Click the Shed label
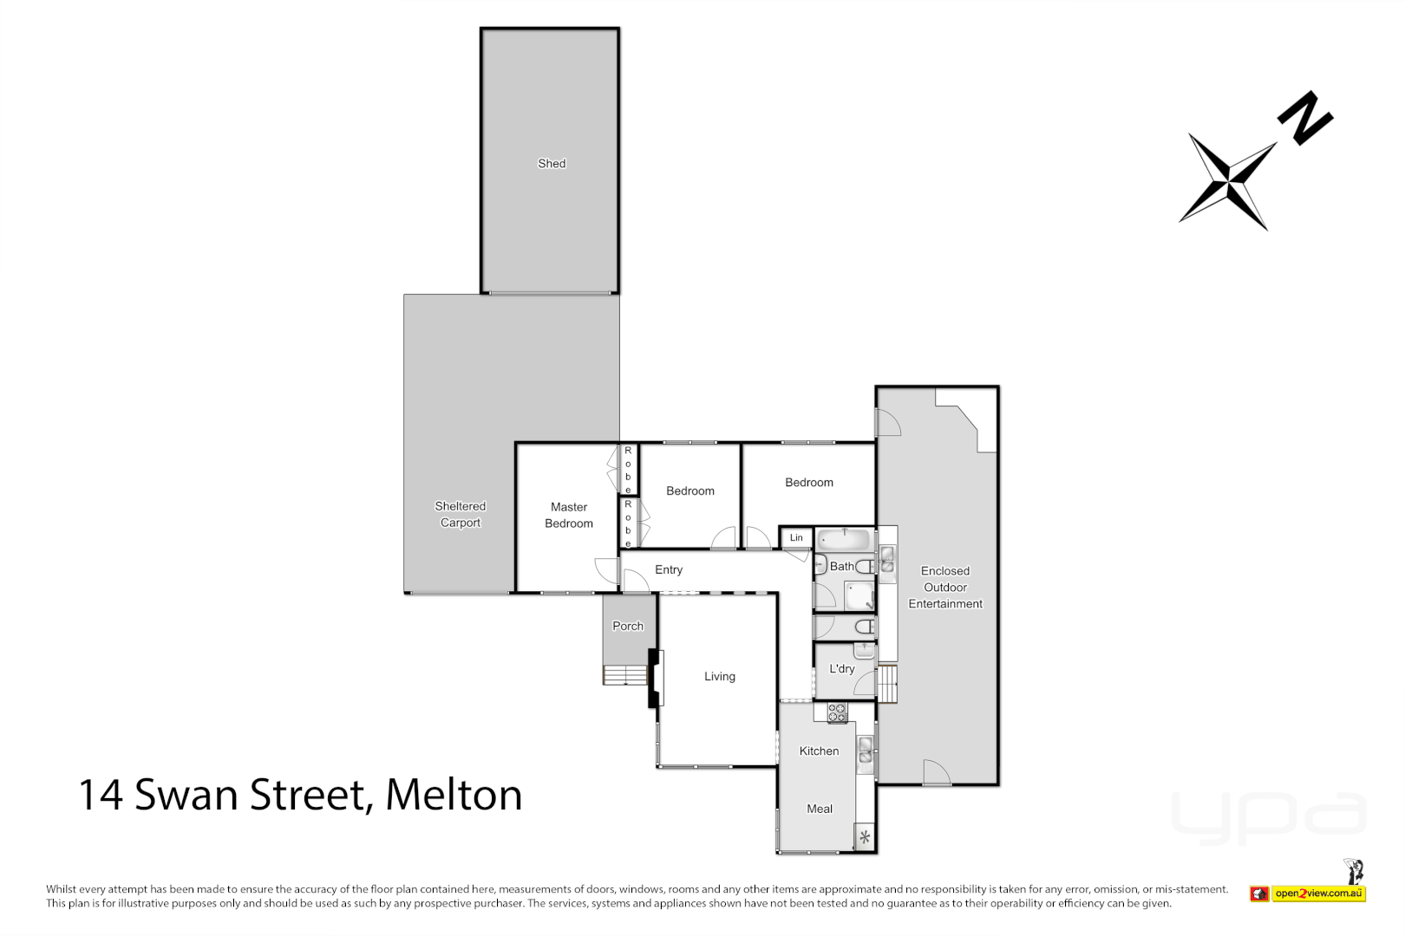click(552, 164)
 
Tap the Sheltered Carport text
click(460, 514)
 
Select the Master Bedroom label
click(569, 515)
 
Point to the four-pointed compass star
click(1228, 181)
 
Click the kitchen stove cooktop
click(837, 713)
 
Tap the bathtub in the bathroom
click(845, 540)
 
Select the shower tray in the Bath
click(859, 596)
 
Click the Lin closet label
click(796, 538)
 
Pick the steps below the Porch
click(625, 675)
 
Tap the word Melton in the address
click(454, 795)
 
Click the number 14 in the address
click(101, 795)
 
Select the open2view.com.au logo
click(1318, 894)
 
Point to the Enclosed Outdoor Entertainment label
click(945, 588)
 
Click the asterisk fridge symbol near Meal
click(865, 837)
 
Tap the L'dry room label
click(842, 669)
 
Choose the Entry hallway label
click(669, 569)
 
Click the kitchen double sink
click(866, 751)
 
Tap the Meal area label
click(820, 809)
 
